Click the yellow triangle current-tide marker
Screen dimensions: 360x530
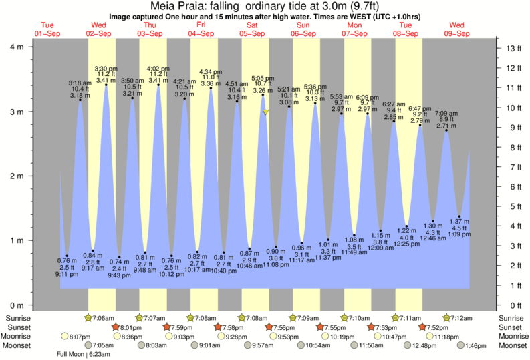coord(265,112)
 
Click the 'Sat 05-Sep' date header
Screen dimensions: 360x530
coord(252,29)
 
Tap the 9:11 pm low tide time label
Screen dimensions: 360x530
coord(66,274)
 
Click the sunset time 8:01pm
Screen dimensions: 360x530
coord(131,327)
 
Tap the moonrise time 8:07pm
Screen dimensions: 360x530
coord(80,337)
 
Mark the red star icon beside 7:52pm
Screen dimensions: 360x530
coord(422,327)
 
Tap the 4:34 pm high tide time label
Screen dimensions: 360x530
coord(210,71)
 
